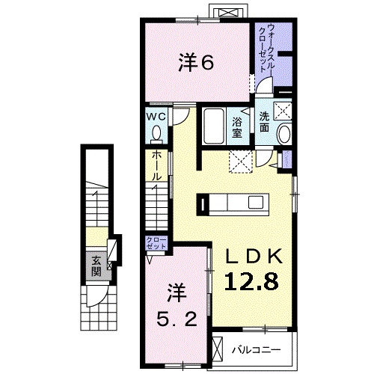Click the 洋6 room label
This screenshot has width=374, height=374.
(x=197, y=63)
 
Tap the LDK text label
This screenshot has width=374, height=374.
(x=254, y=257)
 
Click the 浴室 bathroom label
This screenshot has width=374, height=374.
(x=238, y=127)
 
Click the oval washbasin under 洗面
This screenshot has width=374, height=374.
(x=284, y=135)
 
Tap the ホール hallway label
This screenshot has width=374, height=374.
(x=156, y=165)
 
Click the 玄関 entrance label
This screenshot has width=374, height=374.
(x=97, y=265)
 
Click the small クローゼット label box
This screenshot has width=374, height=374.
(x=156, y=242)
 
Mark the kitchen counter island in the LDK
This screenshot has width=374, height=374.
(x=232, y=201)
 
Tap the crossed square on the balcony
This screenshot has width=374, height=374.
(x=219, y=349)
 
